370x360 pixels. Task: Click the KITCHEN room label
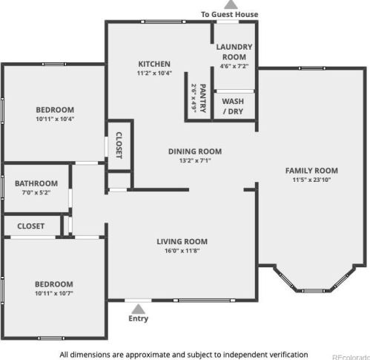tap(154, 64)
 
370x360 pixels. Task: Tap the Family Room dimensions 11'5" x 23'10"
tap(311, 180)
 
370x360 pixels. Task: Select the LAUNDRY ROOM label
tap(234, 52)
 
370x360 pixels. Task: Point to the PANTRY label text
tap(202, 98)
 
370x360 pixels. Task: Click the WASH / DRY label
tap(233, 106)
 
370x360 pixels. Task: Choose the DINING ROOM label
tap(195, 151)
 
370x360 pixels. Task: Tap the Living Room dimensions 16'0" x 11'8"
tap(182, 251)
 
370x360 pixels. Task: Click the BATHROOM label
tap(36, 183)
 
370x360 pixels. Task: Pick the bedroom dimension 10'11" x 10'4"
tap(55, 119)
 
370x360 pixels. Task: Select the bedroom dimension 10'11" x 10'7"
tap(54, 293)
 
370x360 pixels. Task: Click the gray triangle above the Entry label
tap(138, 310)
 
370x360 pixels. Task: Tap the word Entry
tap(138, 318)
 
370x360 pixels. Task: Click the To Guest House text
tap(230, 14)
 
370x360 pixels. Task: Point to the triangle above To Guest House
tap(231, 4)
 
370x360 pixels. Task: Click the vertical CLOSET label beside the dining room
tap(119, 145)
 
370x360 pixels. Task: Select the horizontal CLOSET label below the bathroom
tap(31, 226)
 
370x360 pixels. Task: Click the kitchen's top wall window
tap(163, 22)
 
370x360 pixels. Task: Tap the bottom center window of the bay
tap(313, 291)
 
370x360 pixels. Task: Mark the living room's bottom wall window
tap(204, 301)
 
